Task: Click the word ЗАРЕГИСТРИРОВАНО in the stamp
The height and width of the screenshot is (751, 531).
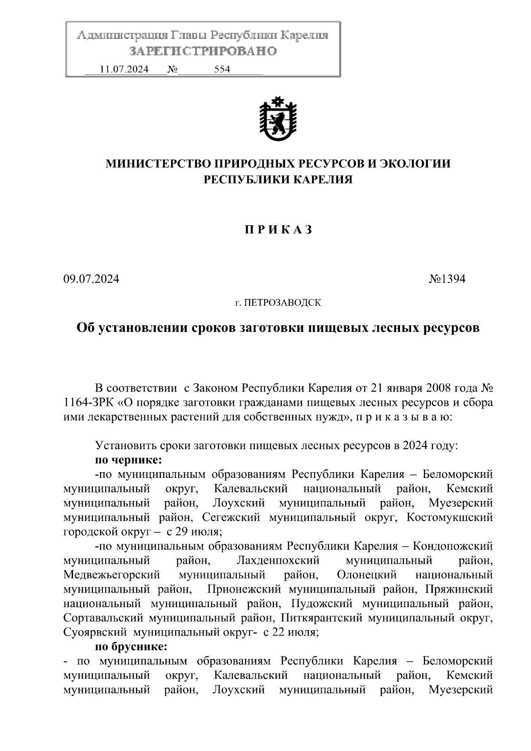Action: [203, 51]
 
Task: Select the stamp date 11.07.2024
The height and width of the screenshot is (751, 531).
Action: [124, 69]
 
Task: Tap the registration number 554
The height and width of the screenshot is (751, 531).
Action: [222, 69]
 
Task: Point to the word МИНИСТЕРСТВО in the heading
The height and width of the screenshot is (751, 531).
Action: [158, 164]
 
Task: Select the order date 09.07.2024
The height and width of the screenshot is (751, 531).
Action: [92, 279]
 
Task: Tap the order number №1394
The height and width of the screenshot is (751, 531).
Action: [447, 279]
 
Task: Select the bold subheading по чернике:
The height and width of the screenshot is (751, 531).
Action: [129, 460]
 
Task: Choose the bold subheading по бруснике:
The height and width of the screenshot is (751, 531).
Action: [131, 647]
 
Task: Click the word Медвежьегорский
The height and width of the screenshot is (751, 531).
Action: [112, 575]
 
